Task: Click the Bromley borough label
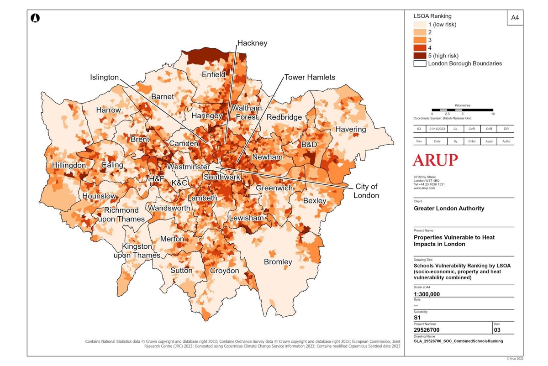278,262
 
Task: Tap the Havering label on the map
351,129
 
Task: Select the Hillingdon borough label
68,165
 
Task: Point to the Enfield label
214,74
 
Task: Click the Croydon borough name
224,271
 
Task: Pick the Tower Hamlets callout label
310,77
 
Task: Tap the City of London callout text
366,191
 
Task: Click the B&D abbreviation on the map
309,145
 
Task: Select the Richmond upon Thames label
121,214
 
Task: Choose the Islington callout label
104,77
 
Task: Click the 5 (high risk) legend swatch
420,56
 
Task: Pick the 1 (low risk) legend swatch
420,25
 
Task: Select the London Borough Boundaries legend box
420,63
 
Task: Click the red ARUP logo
435,160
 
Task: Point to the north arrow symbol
35,18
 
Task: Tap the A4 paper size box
515,18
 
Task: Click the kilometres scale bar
462,110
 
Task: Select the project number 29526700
430,329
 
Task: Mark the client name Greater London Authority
449,209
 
